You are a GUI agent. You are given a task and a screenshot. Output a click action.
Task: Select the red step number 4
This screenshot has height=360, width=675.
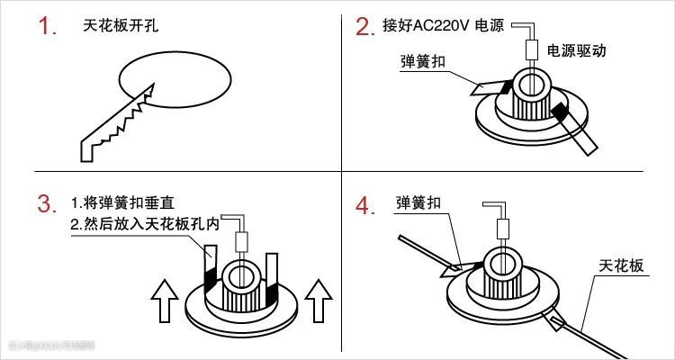pos(364,206)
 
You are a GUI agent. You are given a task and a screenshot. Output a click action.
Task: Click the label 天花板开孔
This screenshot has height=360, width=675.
pos(118,26)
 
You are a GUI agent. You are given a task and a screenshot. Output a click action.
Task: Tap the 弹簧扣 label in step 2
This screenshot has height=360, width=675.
pos(423,64)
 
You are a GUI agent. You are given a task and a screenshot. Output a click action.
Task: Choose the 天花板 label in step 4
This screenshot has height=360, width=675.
pos(622,266)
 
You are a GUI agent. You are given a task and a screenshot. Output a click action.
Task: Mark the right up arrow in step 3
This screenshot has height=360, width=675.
pos(318,300)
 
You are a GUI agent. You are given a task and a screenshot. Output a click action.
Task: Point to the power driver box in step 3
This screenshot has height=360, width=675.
pos(241,242)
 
